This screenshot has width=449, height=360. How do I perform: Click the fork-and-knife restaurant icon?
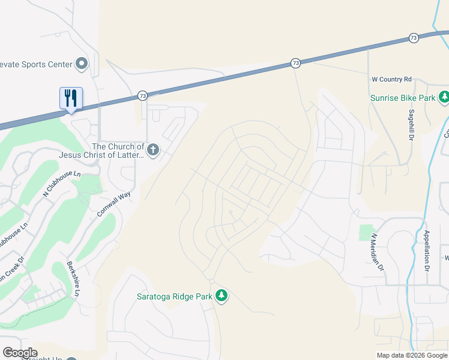click(x=71, y=98)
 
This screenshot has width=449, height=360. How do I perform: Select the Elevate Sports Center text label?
click(x=36, y=64)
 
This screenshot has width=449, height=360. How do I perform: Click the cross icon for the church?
click(x=153, y=150)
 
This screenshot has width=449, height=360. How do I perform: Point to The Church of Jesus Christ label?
click(x=101, y=151)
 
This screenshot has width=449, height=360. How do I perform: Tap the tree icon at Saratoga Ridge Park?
click(x=222, y=295)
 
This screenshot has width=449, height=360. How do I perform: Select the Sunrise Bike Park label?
click(x=402, y=97)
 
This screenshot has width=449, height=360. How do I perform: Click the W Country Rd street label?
click(x=391, y=79)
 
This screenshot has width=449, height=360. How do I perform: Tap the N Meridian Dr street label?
click(x=377, y=253)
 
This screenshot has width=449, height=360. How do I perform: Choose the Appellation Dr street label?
click(x=427, y=247)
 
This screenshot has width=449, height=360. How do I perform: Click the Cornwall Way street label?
click(x=113, y=205)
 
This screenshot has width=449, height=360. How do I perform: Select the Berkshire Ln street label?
click(x=73, y=279)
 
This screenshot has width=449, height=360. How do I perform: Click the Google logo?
click(x=20, y=353)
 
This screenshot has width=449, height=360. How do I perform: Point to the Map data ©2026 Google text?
click(x=412, y=355)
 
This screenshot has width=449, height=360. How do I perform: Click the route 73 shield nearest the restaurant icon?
click(x=142, y=95)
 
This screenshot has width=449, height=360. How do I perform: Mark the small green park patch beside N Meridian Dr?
click(x=366, y=232)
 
